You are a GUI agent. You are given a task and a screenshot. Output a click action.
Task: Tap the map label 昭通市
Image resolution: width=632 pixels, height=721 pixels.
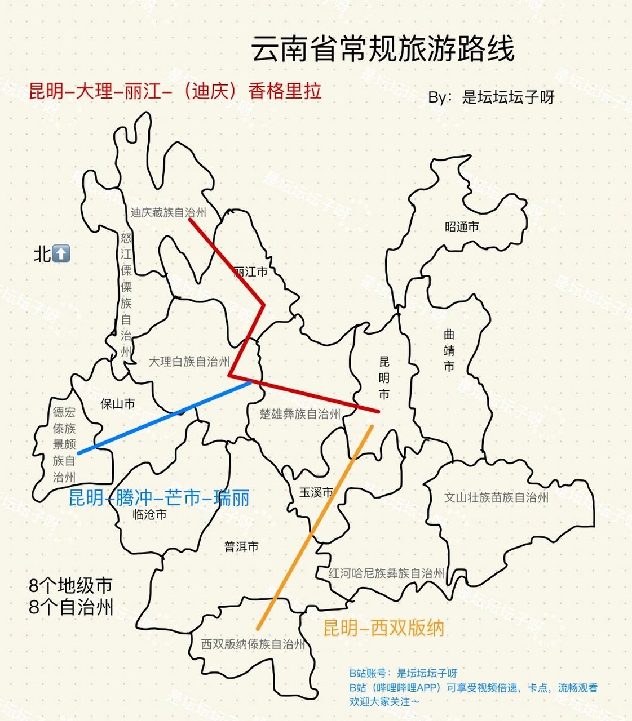click(x=462, y=227)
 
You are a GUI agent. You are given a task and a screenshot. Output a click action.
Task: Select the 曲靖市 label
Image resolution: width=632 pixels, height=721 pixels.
click(x=449, y=350)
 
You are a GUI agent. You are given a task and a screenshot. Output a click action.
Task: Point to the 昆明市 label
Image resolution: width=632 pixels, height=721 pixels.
click(x=384, y=377)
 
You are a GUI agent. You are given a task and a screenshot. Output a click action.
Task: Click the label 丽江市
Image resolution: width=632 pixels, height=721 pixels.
click(x=250, y=272)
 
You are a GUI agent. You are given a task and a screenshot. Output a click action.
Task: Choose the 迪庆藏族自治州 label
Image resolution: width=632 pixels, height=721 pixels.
click(x=168, y=212)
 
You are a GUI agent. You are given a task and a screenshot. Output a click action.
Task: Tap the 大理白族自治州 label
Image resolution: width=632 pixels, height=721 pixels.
click(x=189, y=362)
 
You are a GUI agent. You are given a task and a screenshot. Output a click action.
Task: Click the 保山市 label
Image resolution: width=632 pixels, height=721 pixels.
click(x=118, y=404)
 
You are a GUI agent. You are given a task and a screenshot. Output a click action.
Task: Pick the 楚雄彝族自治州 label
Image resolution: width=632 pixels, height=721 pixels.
click(x=300, y=414)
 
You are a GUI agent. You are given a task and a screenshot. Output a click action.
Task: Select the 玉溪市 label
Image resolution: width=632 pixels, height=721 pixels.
click(x=316, y=492)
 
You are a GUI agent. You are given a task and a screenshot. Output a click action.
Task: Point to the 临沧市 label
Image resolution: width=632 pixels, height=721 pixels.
click(x=149, y=514)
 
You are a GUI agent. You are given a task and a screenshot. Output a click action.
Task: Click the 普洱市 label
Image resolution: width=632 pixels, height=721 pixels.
click(x=241, y=546)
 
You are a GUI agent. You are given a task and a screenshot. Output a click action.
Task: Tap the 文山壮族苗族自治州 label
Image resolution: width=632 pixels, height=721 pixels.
click(x=496, y=497)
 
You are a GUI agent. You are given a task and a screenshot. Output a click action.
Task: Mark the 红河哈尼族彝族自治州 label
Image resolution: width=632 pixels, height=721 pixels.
click(x=386, y=574)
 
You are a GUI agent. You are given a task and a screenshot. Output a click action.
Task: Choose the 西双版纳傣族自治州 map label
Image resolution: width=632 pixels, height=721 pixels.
click(x=253, y=644)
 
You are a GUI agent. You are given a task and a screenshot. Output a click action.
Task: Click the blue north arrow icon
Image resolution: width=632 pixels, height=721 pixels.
click(x=61, y=253)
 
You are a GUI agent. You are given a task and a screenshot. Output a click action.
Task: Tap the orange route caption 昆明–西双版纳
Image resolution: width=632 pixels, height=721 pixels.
click(x=384, y=627)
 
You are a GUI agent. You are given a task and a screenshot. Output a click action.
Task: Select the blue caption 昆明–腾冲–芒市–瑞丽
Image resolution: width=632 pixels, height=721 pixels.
click(x=158, y=498)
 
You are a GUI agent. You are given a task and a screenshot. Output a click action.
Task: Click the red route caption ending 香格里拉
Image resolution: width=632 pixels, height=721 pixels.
click(x=175, y=91)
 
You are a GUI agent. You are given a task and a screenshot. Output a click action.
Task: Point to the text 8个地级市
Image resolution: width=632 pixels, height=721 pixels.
click(x=70, y=586)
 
